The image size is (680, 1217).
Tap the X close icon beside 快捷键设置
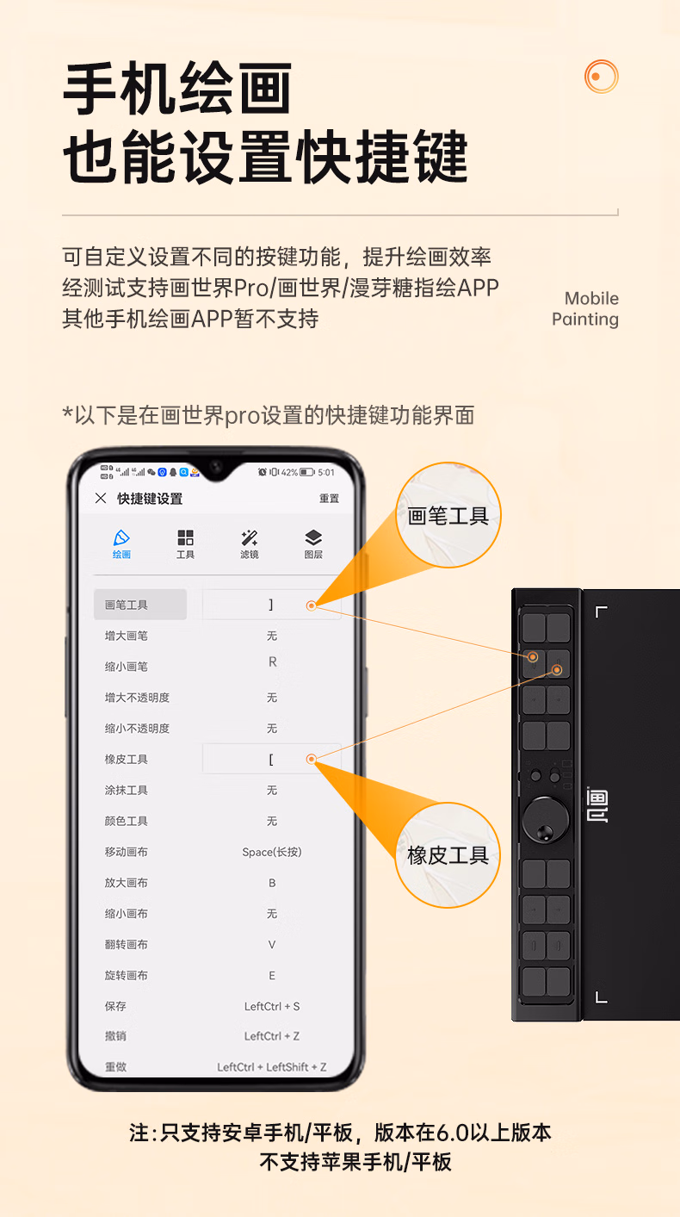pos(101,498)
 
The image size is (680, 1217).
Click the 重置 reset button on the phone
pos(329,499)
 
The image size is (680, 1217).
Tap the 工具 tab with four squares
pos(185,543)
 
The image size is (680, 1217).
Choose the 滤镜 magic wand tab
pos(250,543)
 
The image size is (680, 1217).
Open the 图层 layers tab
pos(313,543)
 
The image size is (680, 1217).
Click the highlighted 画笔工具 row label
pos(127,605)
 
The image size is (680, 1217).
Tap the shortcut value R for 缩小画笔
pos(273,661)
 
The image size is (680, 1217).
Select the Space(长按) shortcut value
pos(271,852)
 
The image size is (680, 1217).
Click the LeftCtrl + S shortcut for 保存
pos(271,1006)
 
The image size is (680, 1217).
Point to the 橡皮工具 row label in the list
pos(127,759)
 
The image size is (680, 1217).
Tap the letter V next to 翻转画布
pos(272,945)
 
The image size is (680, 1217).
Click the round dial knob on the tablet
pos(546,821)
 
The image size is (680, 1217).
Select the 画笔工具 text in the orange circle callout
pos(448,516)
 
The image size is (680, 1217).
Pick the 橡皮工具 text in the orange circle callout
pos(448,856)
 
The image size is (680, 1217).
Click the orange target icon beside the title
pos(602,76)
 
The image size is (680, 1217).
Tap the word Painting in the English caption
pos(585,320)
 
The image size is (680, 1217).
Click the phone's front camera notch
pos(216,467)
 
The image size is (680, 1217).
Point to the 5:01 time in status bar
pos(326,472)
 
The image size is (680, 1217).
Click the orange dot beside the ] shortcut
pos(312,605)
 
